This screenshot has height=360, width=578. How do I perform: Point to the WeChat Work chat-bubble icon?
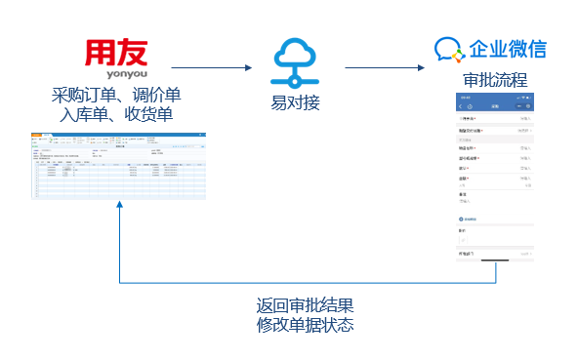(x=447, y=50)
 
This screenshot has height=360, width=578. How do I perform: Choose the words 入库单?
(x=82, y=114)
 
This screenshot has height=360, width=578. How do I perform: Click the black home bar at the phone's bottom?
(x=497, y=261)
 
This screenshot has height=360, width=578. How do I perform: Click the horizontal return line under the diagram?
(x=308, y=283)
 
